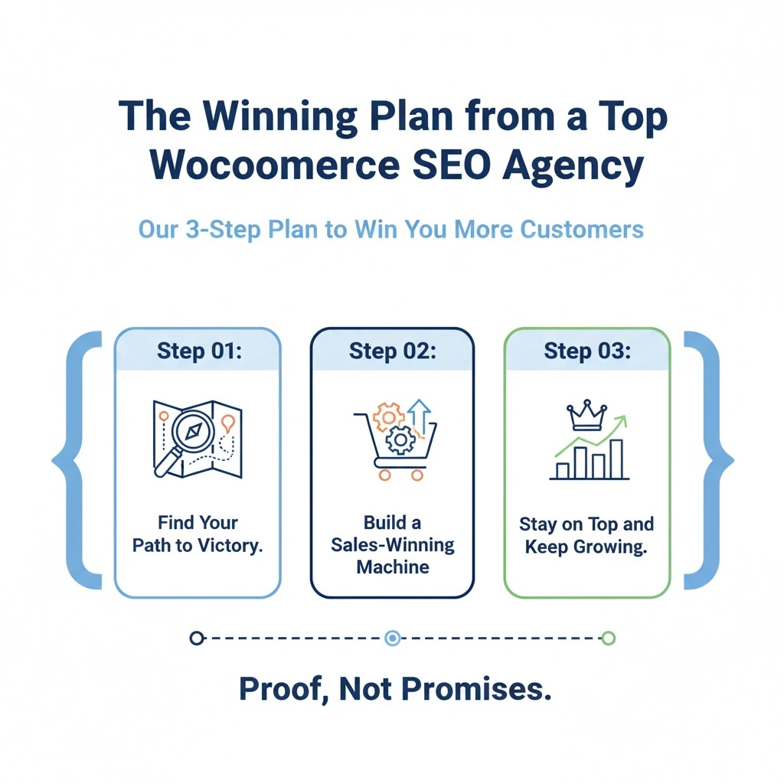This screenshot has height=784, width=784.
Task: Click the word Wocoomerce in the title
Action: pyautogui.click(x=275, y=165)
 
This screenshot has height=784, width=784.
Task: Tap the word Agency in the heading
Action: pyautogui.click(x=573, y=166)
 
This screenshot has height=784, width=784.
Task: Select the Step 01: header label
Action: pyautogui.click(x=199, y=351)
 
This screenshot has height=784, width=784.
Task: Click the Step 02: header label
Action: pyautogui.click(x=393, y=351)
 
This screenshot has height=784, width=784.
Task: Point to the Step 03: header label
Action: pyautogui.click(x=587, y=351)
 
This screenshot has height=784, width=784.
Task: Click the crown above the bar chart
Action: pyautogui.click(x=586, y=415)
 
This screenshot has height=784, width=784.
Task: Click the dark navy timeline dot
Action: pyautogui.click(x=197, y=638)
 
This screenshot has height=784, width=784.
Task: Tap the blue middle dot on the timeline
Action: pyautogui.click(x=393, y=638)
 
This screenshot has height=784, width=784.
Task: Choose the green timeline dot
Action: pyautogui.click(x=609, y=638)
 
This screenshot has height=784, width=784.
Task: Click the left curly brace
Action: pyautogui.click(x=74, y=460)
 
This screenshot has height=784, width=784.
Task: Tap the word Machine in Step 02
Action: pyautogui.click(x=393, y=567)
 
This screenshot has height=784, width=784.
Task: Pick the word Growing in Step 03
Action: pyautogui.click(x=610, y=547)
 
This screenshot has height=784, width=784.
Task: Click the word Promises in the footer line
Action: pyautogui.click(x=476, y=689)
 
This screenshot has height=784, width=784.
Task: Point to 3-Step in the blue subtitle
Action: pyautogui.click(x=224, y=230)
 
